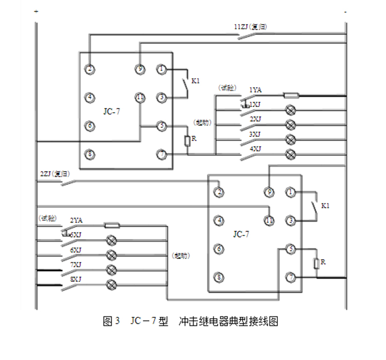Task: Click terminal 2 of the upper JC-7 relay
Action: (90, 68)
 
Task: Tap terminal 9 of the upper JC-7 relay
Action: (139, 68)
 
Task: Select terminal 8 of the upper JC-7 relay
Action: (90, 154)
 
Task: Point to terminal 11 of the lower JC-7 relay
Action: (269, 221)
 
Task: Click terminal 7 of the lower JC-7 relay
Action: (291, 278)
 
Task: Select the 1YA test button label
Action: (256, 90)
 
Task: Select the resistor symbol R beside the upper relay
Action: (187, 139)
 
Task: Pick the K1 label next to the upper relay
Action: (196, 81)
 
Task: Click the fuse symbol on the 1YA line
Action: (291, 95)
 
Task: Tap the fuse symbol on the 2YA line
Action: (112, 225)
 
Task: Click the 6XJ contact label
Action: (76, 249)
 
